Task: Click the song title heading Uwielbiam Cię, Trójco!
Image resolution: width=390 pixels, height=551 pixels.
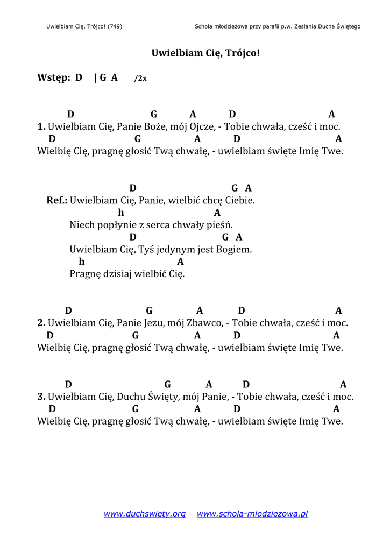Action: click(x=205, y=53)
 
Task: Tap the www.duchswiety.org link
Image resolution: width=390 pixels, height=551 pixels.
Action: click(x=144, y=514)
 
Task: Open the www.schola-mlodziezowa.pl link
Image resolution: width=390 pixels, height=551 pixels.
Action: click(x=252, y=514)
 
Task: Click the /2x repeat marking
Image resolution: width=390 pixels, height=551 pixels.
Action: click(x=140, y=78)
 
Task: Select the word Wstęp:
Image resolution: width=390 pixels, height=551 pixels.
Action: click(x=54, y=77)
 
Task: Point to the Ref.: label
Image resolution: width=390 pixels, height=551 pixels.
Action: click(x=57, y=200)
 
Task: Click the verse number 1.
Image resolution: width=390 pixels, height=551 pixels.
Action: click(x=41, y=127)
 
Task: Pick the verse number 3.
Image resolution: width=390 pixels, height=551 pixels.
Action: click(x=41, y=397)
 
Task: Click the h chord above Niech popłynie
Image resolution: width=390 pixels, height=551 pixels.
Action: click(x=121, y=213)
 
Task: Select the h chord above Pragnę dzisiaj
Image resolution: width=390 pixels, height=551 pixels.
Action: click(x=82, y=262)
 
